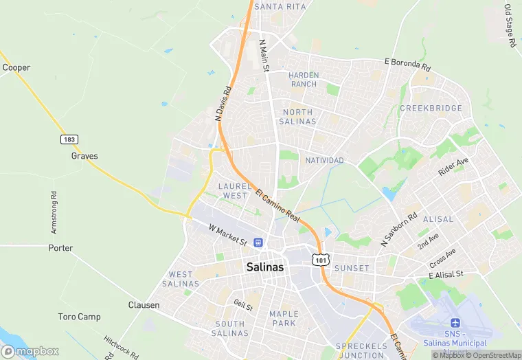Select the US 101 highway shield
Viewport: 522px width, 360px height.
(x=321, y=259)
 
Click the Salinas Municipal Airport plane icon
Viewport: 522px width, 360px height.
(x=454, y=323)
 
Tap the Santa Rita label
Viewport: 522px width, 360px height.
(x=280, y=6)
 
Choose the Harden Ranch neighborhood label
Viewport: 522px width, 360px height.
(x=303, y=79)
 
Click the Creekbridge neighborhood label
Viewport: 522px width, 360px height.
(x=431, y=109)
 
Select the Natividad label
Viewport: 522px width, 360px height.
(x=324, y=160)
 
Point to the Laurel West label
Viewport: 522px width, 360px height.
(x=232, y=190)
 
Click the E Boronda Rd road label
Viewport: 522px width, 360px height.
(x=407, y=65)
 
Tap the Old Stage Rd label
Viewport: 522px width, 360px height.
(x=509, y=25)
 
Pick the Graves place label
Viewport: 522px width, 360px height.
(x=84, y=155)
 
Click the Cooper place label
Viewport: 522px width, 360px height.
(x=16, y=67)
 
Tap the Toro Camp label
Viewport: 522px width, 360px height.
(x=79, y=317)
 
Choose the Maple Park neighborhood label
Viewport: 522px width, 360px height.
(x=283, y=318)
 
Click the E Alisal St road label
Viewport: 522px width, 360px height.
(x=446, y=274)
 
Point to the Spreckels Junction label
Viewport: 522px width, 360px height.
(x=361, y=350)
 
